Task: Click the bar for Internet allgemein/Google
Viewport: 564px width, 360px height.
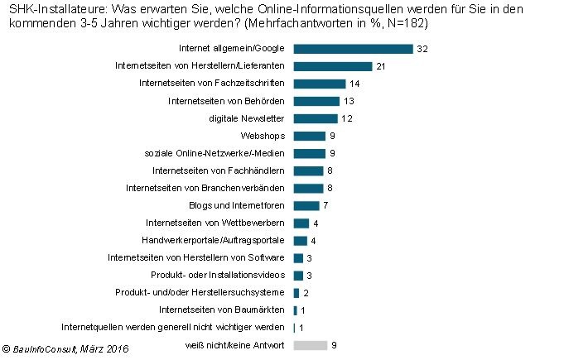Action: point(353,49)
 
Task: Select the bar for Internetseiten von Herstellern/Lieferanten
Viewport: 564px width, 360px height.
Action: point(333,66)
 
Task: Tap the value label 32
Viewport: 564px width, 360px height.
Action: point(422,49)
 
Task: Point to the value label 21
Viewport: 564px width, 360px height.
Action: point(382,66)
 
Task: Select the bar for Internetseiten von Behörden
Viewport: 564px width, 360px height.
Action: point(316,101)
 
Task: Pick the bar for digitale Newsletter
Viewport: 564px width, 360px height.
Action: point(316,118)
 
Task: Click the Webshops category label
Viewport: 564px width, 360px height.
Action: point(264,136)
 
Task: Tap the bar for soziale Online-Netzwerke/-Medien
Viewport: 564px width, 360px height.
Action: point(310,153)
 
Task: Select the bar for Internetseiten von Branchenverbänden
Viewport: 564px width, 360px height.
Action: point(308,188)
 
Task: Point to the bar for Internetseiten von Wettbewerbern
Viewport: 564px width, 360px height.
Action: point(301,223)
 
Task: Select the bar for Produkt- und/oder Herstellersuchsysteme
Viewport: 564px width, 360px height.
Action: point(296,292)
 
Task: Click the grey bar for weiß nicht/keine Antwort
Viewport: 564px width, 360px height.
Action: point(310,344)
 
